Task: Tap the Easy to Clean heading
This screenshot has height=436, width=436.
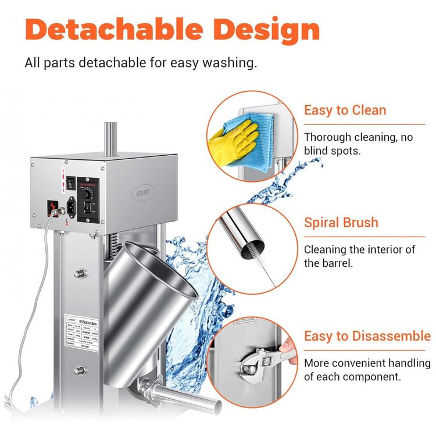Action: [x=345, y=110]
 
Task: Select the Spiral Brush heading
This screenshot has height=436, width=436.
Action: [x=341, y=223]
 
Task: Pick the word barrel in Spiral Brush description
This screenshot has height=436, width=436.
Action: [x=343, y=263]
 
